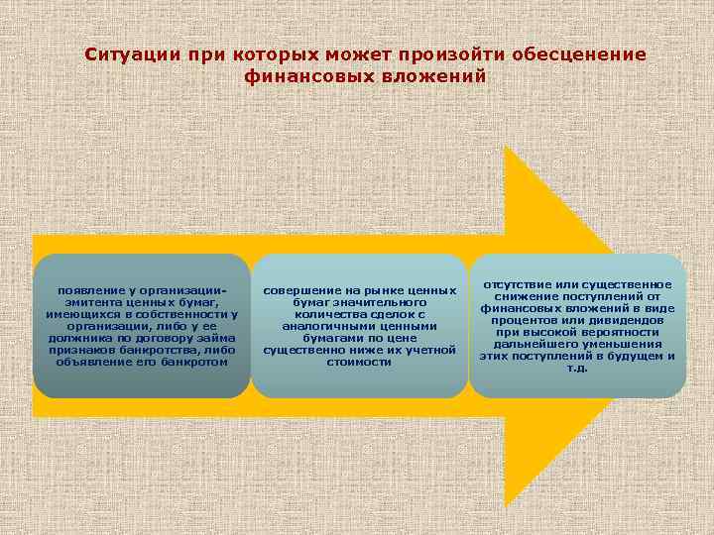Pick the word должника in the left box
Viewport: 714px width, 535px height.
[x=77, y=338]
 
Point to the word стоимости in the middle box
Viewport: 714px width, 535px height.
[x=358, y=362]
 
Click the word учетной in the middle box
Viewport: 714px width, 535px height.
[x=430, y=350]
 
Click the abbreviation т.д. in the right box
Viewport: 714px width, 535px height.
[x=576, y=368]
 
